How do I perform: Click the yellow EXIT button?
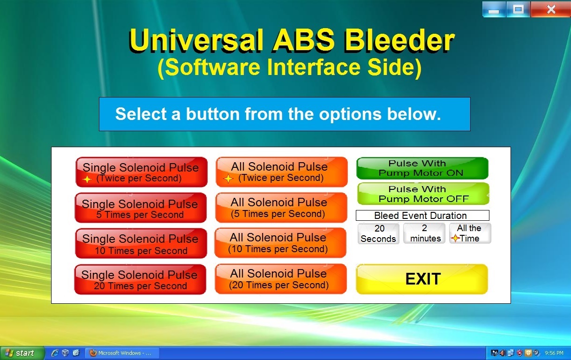tap(422, 279)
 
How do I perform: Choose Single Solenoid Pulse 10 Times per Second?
tap(141, 243)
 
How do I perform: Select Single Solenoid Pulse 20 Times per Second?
tap(140, 279)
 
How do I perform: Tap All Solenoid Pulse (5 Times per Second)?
tap(281, 208)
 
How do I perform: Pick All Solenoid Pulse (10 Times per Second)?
tap(280, 243)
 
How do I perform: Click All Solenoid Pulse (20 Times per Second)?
tap(281, 278)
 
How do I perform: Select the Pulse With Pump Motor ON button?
tap(422, 168)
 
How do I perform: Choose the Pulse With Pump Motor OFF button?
tap(423, 194)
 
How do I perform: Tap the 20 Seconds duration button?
tap(378, 233)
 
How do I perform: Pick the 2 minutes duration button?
tap(424, 233)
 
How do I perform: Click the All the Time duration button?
tap(470, 233)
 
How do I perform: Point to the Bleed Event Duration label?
tap(422, 216)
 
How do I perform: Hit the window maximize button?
tap(518, 9)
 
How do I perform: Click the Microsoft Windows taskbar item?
tap(122, 353)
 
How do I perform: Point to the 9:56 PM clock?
tap(554, 353)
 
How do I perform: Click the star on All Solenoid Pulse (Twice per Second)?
tap(228, 179)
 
